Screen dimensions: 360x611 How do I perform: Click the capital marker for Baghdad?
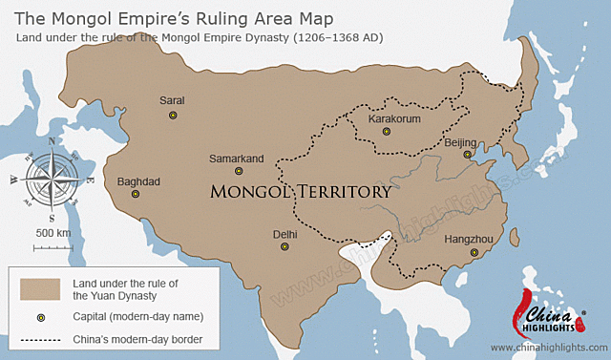click(136, 194)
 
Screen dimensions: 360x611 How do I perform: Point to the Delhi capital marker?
click(284, 246)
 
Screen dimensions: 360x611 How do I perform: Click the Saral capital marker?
click(173, 115)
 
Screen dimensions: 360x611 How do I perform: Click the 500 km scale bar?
click(53, 247)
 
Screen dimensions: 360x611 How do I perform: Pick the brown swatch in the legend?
click(41, 288)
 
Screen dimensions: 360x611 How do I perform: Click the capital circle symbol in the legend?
click(41, 316)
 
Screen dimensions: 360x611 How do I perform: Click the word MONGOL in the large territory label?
click(251, 192)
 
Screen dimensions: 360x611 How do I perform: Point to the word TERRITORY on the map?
click(343, 192)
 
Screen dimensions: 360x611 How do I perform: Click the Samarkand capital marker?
click(239, 171)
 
